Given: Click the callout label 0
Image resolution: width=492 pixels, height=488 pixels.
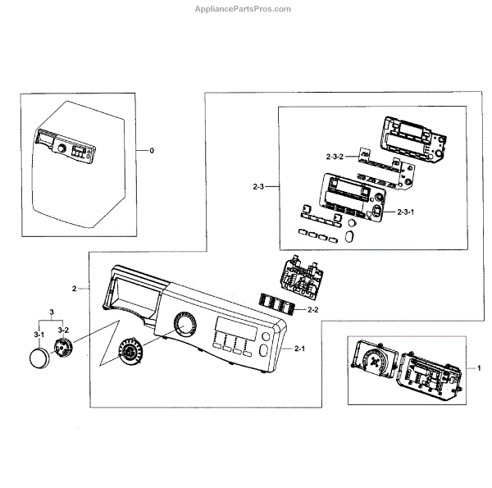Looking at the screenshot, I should (x=152, y=151).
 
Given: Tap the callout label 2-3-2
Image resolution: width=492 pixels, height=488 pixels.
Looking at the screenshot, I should (x=336, y=155).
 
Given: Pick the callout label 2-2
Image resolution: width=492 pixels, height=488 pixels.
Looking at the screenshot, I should (x=312, y=309).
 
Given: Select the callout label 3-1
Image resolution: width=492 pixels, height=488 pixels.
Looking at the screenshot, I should (x=38, y=335).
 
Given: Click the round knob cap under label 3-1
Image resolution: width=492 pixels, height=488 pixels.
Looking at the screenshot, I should (x=39, y=358).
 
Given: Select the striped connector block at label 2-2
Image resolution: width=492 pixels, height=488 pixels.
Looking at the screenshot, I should (x=277, y=303).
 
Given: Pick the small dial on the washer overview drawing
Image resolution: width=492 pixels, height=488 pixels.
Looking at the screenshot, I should (x=61, y=149).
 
